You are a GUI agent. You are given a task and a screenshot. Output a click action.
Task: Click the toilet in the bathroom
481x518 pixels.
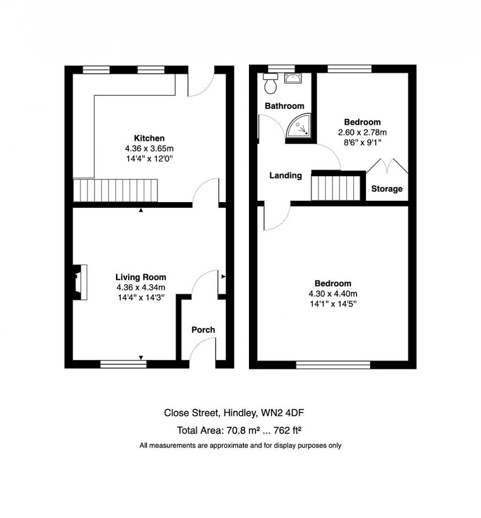click(271, 84)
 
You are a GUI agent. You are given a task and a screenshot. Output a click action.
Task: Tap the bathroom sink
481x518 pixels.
click(293, 78)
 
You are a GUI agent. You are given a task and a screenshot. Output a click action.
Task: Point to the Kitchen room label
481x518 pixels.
click(149, 138)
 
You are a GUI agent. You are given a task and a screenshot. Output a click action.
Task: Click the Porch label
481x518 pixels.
click(203, 330)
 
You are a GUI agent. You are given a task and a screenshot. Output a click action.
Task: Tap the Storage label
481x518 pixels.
click(387, 189)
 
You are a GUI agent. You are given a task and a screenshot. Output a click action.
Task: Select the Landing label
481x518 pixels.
click(285, 176)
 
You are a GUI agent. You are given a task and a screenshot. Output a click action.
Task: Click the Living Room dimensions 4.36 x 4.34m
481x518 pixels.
click(141, 287)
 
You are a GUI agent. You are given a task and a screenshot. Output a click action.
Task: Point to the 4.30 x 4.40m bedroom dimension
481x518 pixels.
click(332, 293)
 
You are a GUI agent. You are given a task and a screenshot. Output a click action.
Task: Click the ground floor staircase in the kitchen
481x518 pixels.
click(115, 190)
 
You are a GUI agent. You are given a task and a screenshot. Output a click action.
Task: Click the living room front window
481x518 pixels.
click(123, 364)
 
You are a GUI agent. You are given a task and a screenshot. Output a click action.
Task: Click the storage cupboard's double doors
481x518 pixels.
click(387, 166)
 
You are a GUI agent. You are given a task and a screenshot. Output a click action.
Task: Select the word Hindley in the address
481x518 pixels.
click(240, 413)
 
